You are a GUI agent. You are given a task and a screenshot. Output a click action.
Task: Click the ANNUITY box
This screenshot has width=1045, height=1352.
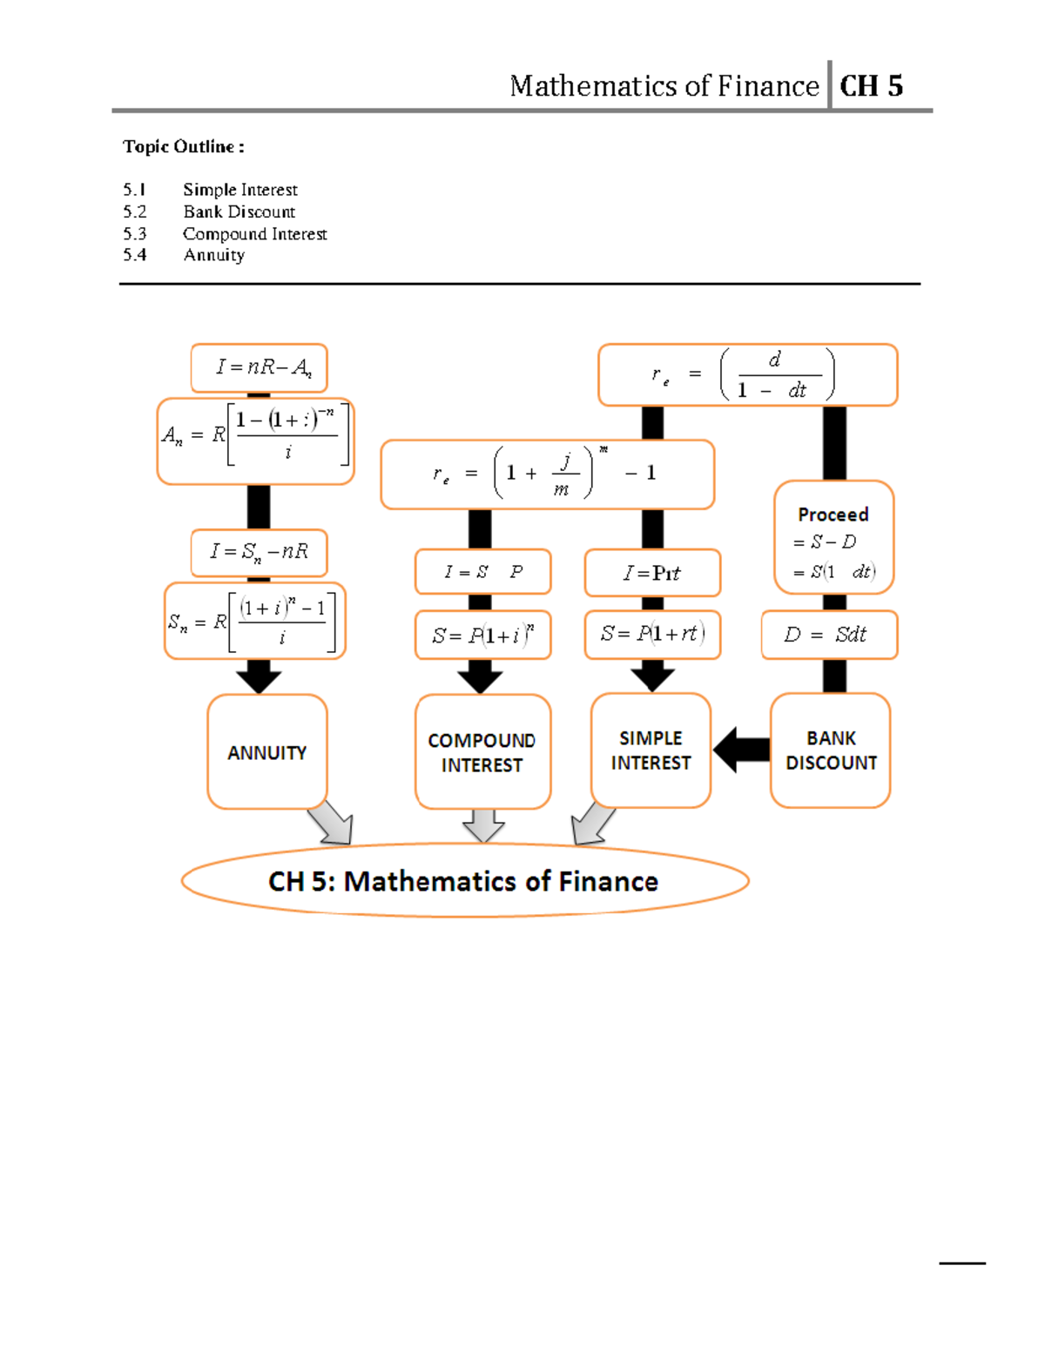[x=266, y=751]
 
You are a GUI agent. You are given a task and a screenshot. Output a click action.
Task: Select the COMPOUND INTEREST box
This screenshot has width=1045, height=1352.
[x=482, y=751]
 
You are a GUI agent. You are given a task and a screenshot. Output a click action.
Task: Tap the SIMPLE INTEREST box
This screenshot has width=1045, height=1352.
[x=651, y=750]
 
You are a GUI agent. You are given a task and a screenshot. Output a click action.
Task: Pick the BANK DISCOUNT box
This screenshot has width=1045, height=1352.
[x=830, y=750]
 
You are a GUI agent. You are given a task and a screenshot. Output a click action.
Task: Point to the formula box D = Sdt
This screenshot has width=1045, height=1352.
[x=828, y=635]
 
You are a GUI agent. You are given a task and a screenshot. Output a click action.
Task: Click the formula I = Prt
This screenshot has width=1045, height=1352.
[x=652, y=573]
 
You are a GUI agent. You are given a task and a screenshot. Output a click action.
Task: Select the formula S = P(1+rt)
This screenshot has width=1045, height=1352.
[x=652, y=634]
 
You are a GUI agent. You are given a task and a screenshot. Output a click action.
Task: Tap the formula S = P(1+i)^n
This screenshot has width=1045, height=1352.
[x=482, y=635]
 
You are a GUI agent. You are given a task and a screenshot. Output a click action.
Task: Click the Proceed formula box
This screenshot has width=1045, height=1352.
[x=833, y=538]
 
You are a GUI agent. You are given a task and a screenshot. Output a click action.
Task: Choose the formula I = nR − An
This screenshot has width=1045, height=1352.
[x=260, y=367]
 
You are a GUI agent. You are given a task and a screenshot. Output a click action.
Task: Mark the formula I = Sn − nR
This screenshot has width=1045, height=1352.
[x=260, y=552]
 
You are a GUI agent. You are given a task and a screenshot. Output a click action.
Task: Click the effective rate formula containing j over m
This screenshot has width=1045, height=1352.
[x=547, y=474]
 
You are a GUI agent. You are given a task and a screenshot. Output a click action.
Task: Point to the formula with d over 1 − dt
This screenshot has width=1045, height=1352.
[x=747, y=375]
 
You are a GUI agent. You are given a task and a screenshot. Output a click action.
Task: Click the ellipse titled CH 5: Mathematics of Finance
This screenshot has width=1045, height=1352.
[x=464, y=880]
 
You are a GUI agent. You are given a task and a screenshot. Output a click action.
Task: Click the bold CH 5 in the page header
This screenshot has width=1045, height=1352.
[x=871, y=85]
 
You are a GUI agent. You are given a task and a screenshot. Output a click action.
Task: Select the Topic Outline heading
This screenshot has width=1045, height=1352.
[x=183, y=146]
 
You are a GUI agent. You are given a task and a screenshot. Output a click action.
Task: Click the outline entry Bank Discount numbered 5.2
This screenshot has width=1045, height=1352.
[x=239, y=212]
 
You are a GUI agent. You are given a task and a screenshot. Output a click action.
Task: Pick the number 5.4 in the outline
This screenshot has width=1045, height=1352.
[x=134, y=255]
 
